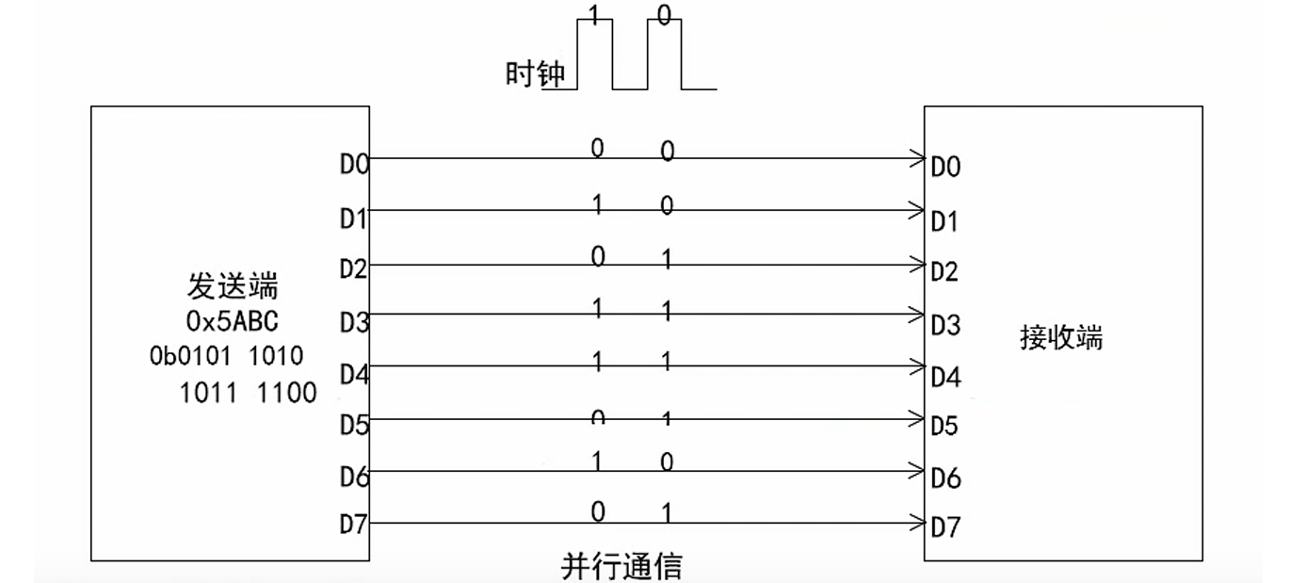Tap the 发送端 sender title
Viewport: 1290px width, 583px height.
233,286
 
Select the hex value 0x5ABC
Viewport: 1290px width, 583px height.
233,321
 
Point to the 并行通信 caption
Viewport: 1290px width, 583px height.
621,567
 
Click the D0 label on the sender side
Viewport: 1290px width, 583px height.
354,166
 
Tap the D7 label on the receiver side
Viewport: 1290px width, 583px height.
945,528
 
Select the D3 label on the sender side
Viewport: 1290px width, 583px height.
354,322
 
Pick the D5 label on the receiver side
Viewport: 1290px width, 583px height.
945,427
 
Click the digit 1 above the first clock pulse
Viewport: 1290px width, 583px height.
593,13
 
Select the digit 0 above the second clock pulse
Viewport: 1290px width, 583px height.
665,14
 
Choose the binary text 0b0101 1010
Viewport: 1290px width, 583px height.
226,356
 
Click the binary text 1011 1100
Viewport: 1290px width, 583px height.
248,392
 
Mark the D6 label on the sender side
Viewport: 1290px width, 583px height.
354,478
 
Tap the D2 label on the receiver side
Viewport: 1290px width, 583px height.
945,273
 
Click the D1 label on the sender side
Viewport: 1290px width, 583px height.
354,219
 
